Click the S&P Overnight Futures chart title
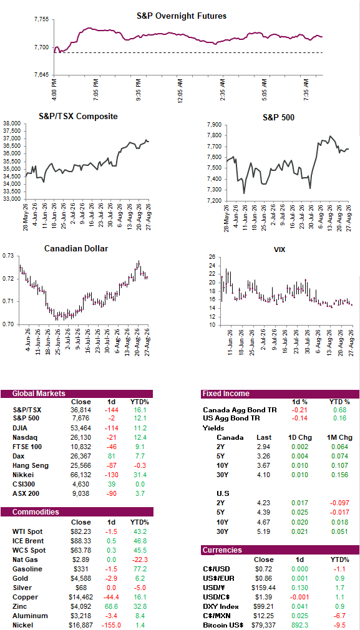[x=182, y=16]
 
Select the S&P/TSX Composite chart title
[x=79, y=117]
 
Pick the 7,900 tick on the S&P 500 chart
[x=215, y=125]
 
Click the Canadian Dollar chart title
[x=75, y=249]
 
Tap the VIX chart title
[x=279, y=250]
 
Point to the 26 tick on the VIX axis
[x=212, y=257]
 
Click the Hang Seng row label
[x=31, y=465]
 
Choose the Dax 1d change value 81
[x=111, y=456]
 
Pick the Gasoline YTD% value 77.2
[x=139, y=569]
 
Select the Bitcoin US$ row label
[x=224, y=625]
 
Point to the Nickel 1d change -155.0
[x=111, y=625]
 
